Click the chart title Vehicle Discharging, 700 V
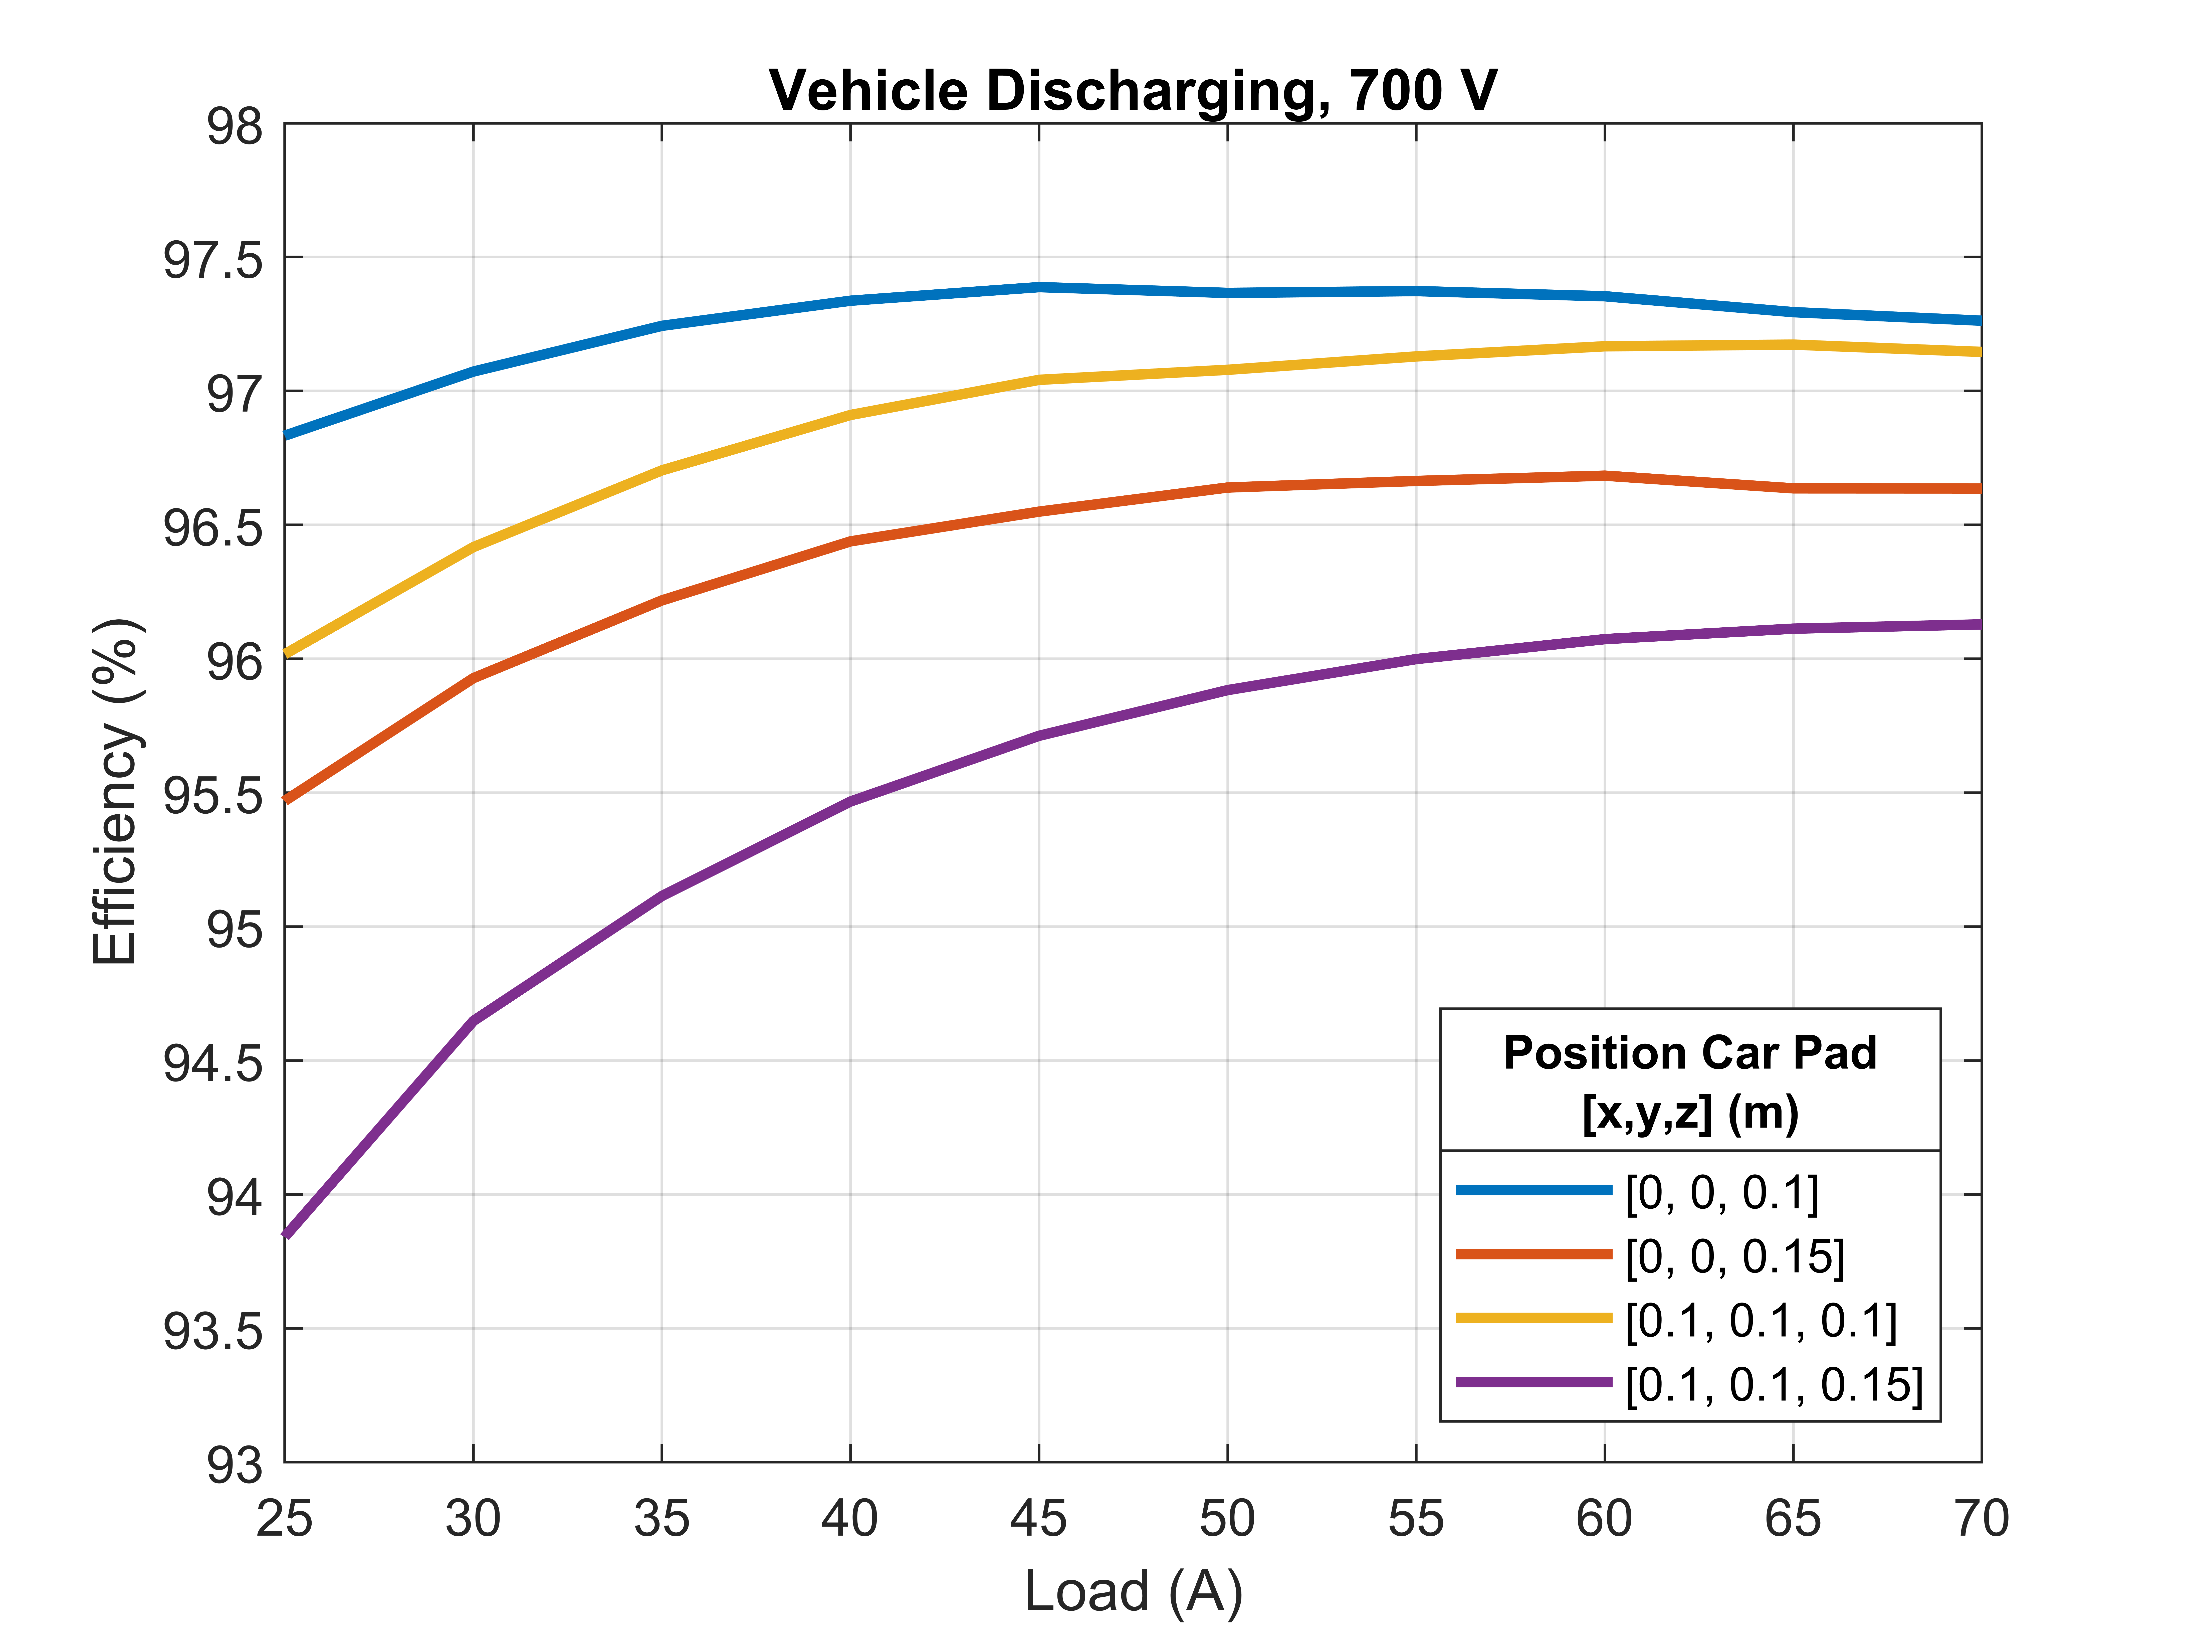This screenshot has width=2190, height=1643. pos(1133,91)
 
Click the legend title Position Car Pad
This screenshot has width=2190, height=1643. pos(1690,1053)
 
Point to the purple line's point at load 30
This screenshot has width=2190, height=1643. pos(473,1020)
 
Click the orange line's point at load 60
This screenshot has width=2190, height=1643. pos(1604,475)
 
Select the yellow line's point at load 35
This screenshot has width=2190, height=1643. pos(661,469)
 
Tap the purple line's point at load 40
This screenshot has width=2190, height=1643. pos(850,800)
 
